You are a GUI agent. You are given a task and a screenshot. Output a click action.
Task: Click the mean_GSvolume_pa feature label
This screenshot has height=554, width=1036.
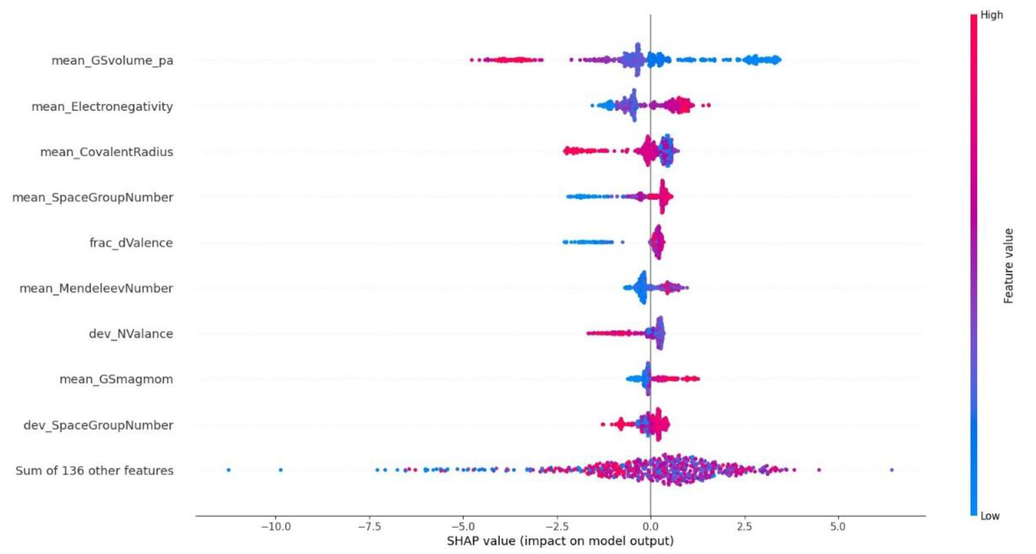[112, 61]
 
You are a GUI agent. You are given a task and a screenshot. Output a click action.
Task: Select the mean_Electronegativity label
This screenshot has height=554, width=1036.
[102, 107]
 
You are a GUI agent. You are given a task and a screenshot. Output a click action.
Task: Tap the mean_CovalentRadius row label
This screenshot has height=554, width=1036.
[107, 152]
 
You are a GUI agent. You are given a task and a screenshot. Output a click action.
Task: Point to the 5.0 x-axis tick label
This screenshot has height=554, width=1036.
[838, 527]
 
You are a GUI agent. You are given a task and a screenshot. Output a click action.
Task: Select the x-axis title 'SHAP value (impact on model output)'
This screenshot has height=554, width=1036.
[560, 541]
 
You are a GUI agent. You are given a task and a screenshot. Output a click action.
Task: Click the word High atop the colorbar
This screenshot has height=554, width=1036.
[991, 15]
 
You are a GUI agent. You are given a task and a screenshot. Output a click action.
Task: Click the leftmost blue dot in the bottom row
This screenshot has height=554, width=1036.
[228, 470]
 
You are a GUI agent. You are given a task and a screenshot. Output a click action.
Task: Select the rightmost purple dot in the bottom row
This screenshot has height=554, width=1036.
[892, 470]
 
